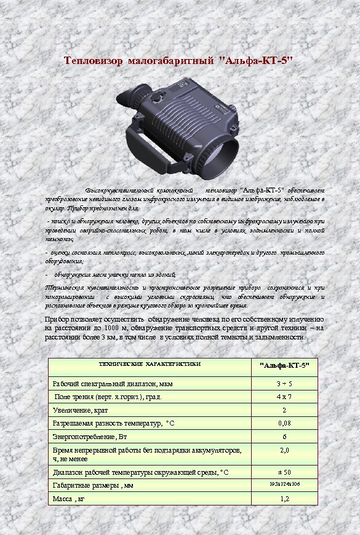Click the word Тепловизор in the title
tap(95, 61)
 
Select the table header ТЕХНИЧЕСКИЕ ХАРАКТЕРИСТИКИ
tap(150, 365)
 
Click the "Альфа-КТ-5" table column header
tap(284, 366)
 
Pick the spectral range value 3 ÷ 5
tap(284, 384)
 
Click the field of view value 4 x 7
tap(284, 397)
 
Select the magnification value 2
tap(284, 410)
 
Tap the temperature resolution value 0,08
tap(284, 423)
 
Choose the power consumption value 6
tap(284, 437)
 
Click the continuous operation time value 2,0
tap(284, 451)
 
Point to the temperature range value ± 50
tap(284, 472)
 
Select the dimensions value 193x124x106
tap(284, 485)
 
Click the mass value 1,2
tap(284, 499)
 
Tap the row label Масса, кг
tap(69, 499)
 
